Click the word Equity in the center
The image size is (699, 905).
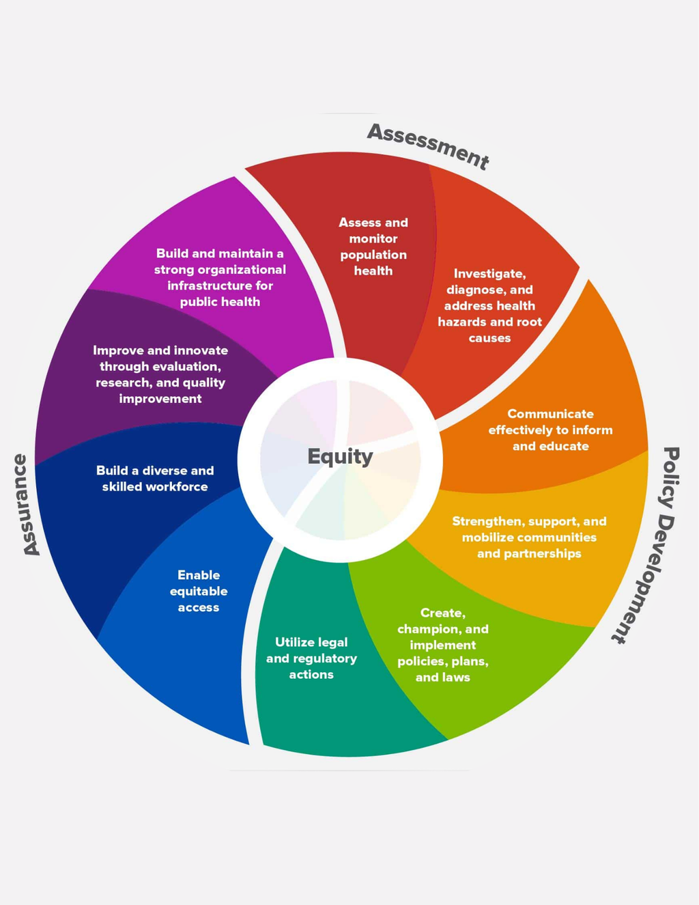coord(340,456)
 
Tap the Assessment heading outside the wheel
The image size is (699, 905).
coord(428,145)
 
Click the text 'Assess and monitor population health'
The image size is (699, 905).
coord(373,247)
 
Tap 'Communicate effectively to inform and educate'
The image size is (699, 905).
coord(550,430)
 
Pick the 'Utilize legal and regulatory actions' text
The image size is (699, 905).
coord(311,658)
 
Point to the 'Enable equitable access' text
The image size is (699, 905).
coord(199,591)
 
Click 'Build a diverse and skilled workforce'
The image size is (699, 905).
coord(155,478)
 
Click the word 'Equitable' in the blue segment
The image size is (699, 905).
coord(199,591)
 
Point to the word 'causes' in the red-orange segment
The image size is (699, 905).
coord(489,338)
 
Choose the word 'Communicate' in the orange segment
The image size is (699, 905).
coord(550,414)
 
